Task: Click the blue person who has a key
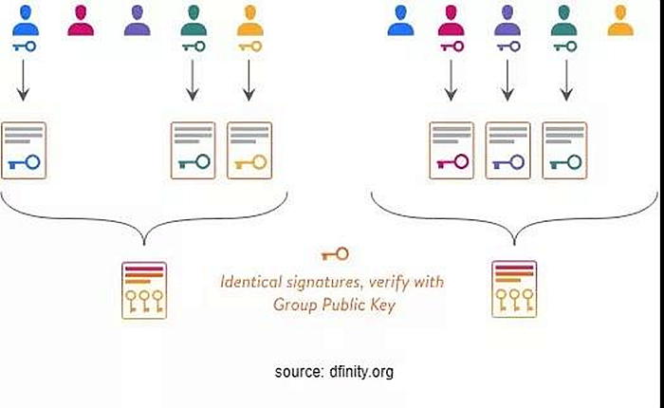pos(26,20)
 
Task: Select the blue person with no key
pos(400,20)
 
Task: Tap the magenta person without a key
pos(81,20)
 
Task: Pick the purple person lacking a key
pos(138,20)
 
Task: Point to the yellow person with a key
pos(250,20)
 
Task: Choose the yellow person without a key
pos(620,20)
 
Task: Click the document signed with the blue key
pos(24,151)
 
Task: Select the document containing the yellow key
pos(249,151)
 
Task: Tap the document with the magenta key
pos(452,151)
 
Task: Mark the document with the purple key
pos(507,151)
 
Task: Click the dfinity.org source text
pos(334,372)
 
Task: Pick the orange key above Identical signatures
pos(335,254)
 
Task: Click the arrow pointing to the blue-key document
pos(24,80)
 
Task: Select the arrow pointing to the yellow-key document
pos(249,80)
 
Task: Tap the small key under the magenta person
pos(452,46)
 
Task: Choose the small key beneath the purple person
pos(508,46)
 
